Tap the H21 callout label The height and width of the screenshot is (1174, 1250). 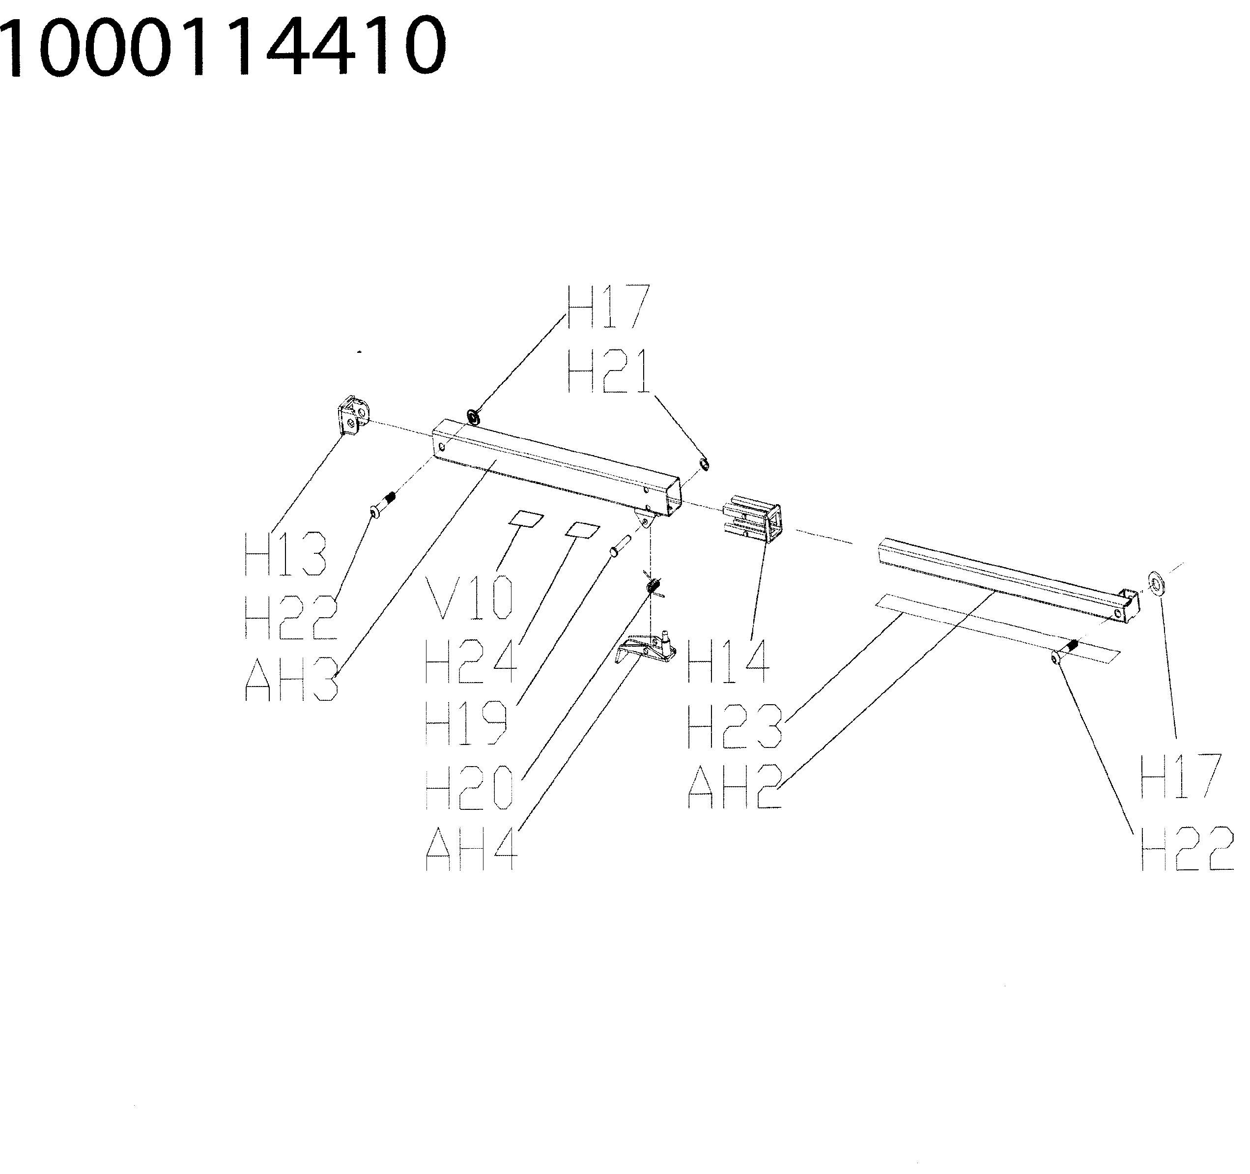(609, 372)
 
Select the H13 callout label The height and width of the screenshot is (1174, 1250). (285, 553)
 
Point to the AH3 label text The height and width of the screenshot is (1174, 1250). (291, 679)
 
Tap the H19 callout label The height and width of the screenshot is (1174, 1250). (466, 723)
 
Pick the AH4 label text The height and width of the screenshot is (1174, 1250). (472, 849)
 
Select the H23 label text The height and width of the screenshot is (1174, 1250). (735, 726)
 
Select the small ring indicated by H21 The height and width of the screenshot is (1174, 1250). (705, 464)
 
